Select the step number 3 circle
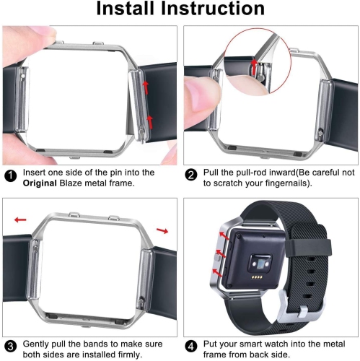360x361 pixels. (x=9, y=344)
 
